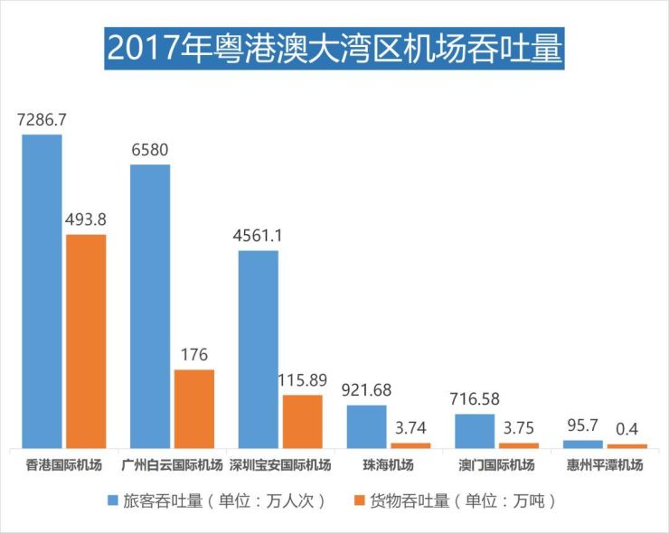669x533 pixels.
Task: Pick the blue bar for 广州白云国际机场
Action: pyautogui.click(x=150, y=306)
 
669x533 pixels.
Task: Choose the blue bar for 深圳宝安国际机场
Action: pyautogui.click(x=258, y=349)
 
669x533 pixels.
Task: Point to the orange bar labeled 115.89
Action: pyautogui.click(x=302, y=421)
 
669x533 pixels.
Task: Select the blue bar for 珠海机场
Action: pyautogui.click(x=366, y=425)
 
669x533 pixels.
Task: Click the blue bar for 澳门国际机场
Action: pyautogui.click(x=475, y=430)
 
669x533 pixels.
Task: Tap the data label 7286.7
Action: pyautogui.click(x=42, y=119)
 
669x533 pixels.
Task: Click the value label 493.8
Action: pyautogui.click(x=86, y=220)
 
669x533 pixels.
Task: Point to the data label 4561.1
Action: pyautogui.click(x=258, y=236)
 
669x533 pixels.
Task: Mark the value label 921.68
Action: pyautogui.click(x=366, y=390)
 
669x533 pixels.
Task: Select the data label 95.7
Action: pyautogui.click(x=582, y=425)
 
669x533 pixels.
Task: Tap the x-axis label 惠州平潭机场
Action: pyautogui.click(x=605, y=466)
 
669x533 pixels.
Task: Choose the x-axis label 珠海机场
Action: pyautogui.click(x=388, y=466)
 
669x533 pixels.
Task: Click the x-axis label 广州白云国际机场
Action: pyautogui.click(x=172, y=466)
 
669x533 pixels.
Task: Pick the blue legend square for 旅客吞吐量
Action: pyautogui.click(x=112, y=500)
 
